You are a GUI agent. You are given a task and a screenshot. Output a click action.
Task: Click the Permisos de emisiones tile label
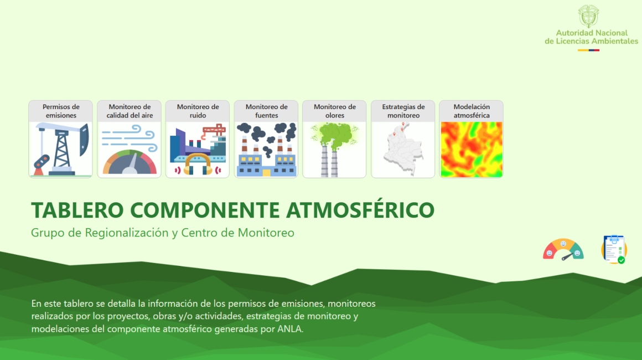(x=61, y=111)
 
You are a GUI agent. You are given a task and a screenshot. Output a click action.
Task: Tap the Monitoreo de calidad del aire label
(x=130, y=111)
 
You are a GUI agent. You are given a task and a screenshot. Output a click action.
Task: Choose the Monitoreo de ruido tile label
(x=198, y=111)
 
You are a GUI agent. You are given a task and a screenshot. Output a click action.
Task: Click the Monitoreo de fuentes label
(x=266, y=111)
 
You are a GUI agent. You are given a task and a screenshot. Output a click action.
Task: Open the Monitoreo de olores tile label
(x=334, y=111)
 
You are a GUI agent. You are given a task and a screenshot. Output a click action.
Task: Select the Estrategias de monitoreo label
(x=403, y=111)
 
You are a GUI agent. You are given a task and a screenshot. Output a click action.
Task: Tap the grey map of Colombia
(x=402, y=150)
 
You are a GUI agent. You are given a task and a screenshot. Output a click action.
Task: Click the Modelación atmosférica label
(x=471, y=111)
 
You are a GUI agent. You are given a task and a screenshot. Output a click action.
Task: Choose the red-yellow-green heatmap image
(x=471, y=150)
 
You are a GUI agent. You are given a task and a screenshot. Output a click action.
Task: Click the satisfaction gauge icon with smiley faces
(x=563, y=250)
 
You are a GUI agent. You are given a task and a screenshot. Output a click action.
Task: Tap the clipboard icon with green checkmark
(x=614, y=249)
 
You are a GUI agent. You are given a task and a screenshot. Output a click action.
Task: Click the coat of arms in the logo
(x=588, y=17)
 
